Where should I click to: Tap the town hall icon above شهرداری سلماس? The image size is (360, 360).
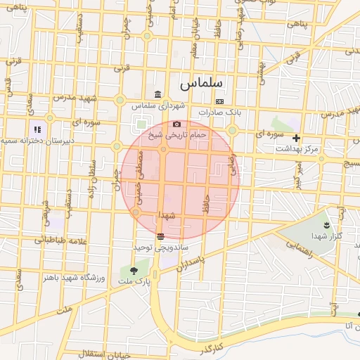pyautogui.click(x=157, y=95)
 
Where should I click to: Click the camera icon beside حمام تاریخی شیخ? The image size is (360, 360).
pyautogui.click(x=176, y=124)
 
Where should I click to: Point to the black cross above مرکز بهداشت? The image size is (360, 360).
pyautogui.click(x=296, y=139)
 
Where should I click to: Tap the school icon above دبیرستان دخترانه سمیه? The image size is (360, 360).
pyautogui.click(x=37, y=129)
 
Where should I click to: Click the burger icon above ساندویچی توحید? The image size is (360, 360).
pyautogui.click(x=161, y=238)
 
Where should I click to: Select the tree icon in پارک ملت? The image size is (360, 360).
pyautogui.click(x=133, y=269)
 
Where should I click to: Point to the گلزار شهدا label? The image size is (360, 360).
pyautogui.click(x=326, y=237)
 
